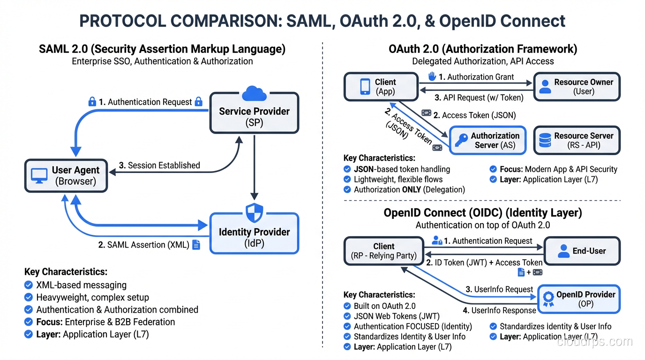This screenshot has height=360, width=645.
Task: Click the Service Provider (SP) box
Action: [x=254, y=116]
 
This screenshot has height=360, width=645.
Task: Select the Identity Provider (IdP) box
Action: [x=254, y=237]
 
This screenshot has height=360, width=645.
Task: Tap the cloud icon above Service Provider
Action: [x=254, y=93]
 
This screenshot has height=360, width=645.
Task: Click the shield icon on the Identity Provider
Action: [x=254, y=213]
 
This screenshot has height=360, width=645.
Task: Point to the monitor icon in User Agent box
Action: [x=39, y=176]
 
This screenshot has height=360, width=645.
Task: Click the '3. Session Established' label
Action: [x=159, y=165]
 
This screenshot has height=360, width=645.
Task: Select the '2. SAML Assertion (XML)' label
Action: [x=143, y=245]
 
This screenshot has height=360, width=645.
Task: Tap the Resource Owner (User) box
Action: [x=577, y=87]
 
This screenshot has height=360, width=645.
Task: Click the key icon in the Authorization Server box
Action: [x=461, y=141]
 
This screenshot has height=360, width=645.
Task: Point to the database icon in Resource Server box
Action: [x=545, y=141]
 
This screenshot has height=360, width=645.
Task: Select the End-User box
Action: [x=581, y=251]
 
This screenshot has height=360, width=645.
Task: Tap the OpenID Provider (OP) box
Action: [x=578, y=299]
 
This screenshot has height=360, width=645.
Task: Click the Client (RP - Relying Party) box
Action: [x=383, y=251]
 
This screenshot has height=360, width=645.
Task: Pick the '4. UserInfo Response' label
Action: [x=499, y=310]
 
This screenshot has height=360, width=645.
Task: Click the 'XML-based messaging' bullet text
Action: [x=81, y=285]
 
